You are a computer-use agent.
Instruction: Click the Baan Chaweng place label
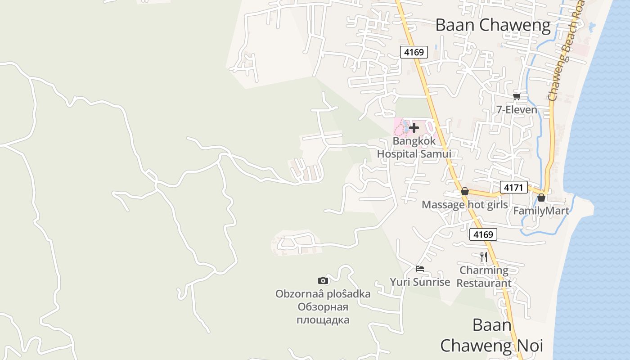click(x=493, y=25)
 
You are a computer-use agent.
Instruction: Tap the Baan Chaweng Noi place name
click(x=492, y=336)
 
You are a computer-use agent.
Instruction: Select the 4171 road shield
click(x=513, y=187)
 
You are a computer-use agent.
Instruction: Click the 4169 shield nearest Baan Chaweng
click(x=414, y=52)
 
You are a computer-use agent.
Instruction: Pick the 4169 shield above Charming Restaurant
click(x=483, y=234)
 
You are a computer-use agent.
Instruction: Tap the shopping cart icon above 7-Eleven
click(x=517, y=96)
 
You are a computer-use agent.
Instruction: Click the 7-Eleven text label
click(x=517, y=109)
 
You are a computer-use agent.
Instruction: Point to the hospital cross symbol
click(x=414, y=128)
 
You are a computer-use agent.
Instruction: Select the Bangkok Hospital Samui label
click(x=414, y=148)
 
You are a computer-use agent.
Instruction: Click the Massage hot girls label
click(x=464, y=205)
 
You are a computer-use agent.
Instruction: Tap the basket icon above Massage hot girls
click(x=465, y=192)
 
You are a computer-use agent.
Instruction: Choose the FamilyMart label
click(x=541, y=211)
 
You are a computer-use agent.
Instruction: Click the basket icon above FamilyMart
click(x=541, y=198)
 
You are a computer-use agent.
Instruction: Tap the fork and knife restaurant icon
click(x=484, y=257)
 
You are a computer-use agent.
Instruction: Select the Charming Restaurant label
click(x=484, y=277)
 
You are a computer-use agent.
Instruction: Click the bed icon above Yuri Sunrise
click(x=420, y=269)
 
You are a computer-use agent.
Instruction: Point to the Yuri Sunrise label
click(x=420, y=282)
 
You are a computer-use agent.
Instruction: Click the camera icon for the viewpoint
click(x=323, y=281)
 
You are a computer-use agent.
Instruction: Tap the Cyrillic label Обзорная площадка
click(x=323, y=314)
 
